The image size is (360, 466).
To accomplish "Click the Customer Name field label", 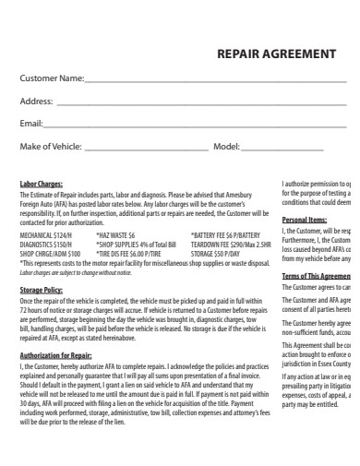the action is point(52,78).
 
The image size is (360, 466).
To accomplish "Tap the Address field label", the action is point(36,101).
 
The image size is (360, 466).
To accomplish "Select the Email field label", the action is point(31,123).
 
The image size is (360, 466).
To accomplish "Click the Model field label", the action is point(226,146).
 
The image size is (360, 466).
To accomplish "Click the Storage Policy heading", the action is point(41,290).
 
